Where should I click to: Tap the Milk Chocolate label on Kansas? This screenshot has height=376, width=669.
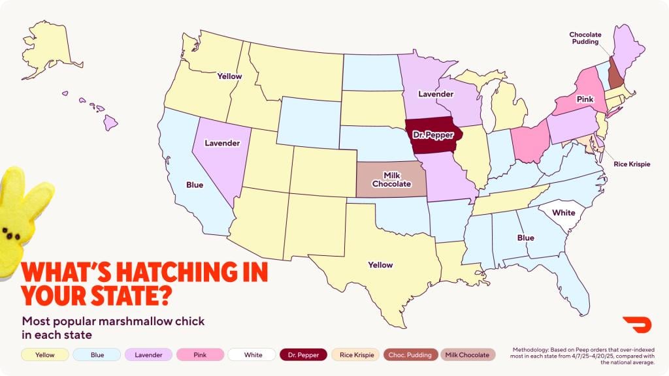point(391,180)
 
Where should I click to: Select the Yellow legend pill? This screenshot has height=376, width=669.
point(46,354)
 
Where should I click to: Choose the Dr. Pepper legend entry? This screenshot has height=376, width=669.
point(304,354)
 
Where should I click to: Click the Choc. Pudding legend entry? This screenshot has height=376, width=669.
point(410,354)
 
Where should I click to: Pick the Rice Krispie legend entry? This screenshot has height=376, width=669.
point(357,354)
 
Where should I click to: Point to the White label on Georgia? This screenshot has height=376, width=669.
point(563,213)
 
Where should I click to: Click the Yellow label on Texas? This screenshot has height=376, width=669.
point(380,265)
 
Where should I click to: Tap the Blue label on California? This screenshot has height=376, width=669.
point(195,185)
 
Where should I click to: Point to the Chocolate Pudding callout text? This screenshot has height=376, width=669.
point(585,39)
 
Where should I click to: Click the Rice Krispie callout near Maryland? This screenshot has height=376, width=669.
point(631,164)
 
